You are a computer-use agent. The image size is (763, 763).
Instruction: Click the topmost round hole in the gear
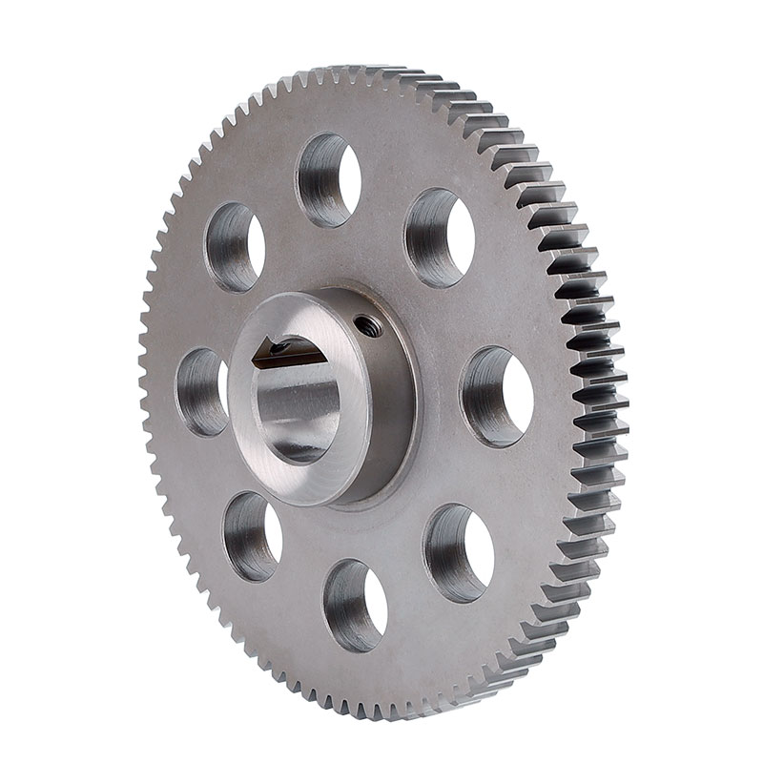coord(329,179)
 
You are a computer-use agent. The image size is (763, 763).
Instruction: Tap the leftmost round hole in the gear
coord(202,391)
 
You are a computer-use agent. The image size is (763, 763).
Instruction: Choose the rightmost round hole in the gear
coord(497,396)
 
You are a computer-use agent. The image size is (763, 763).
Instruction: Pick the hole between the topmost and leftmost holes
coord(235,247)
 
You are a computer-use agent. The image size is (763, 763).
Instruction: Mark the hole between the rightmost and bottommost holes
coord(459,552)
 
